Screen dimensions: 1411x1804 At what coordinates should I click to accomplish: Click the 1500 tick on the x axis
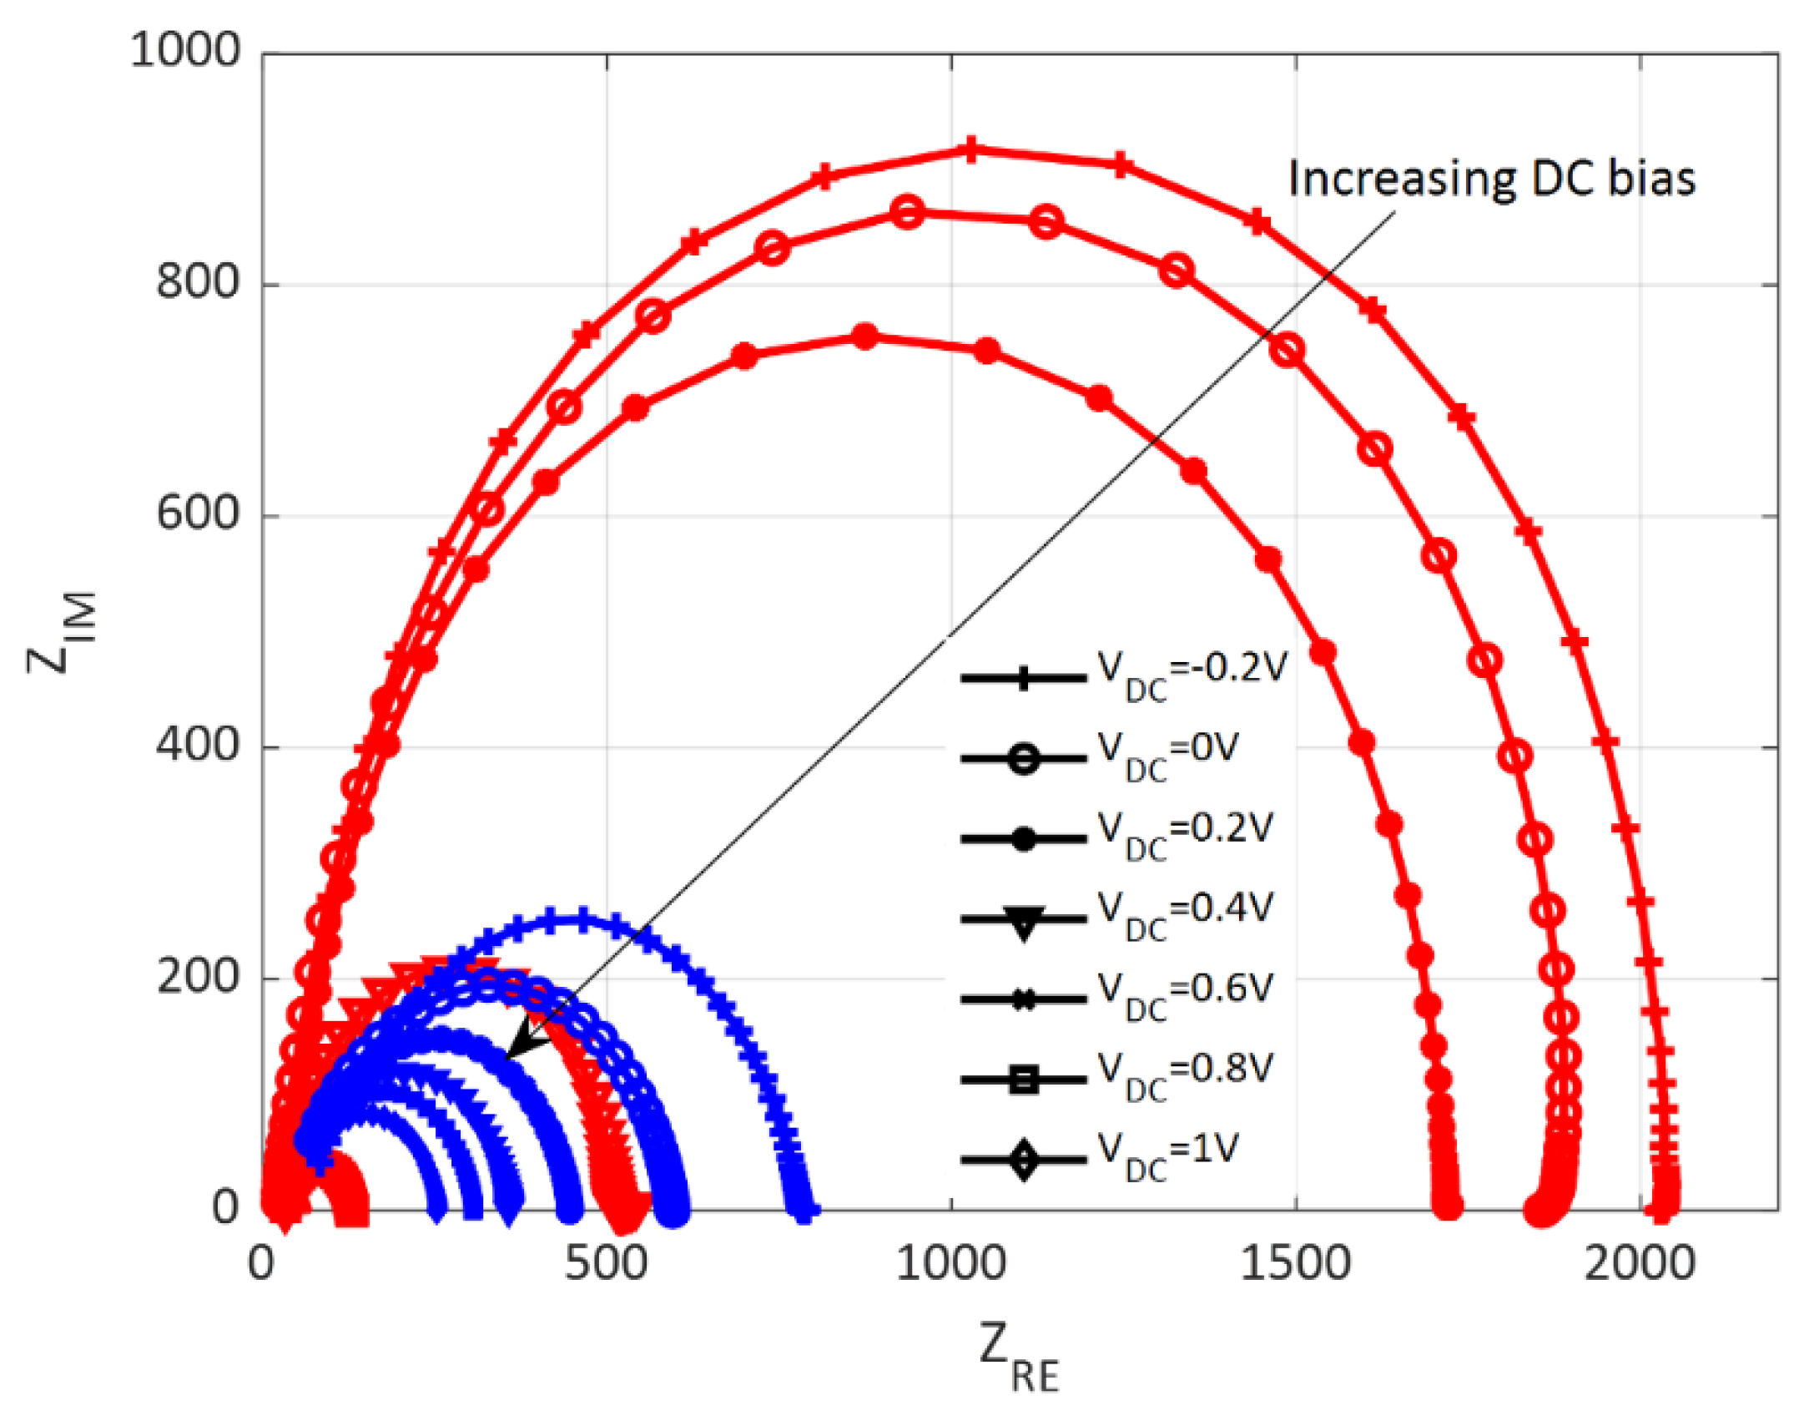1295,1263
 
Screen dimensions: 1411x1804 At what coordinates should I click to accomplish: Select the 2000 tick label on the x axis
1640,1263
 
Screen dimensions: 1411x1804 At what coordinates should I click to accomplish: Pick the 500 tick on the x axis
606,1263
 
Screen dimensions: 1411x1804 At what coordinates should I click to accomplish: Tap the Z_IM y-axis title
63,632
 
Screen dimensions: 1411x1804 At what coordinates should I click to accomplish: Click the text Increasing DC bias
1491,179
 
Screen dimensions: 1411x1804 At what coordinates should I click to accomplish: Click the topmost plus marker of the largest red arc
970,151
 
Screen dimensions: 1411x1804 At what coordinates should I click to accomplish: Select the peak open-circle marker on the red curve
908,212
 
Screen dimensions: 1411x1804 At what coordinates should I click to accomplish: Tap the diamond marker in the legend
1024,1159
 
